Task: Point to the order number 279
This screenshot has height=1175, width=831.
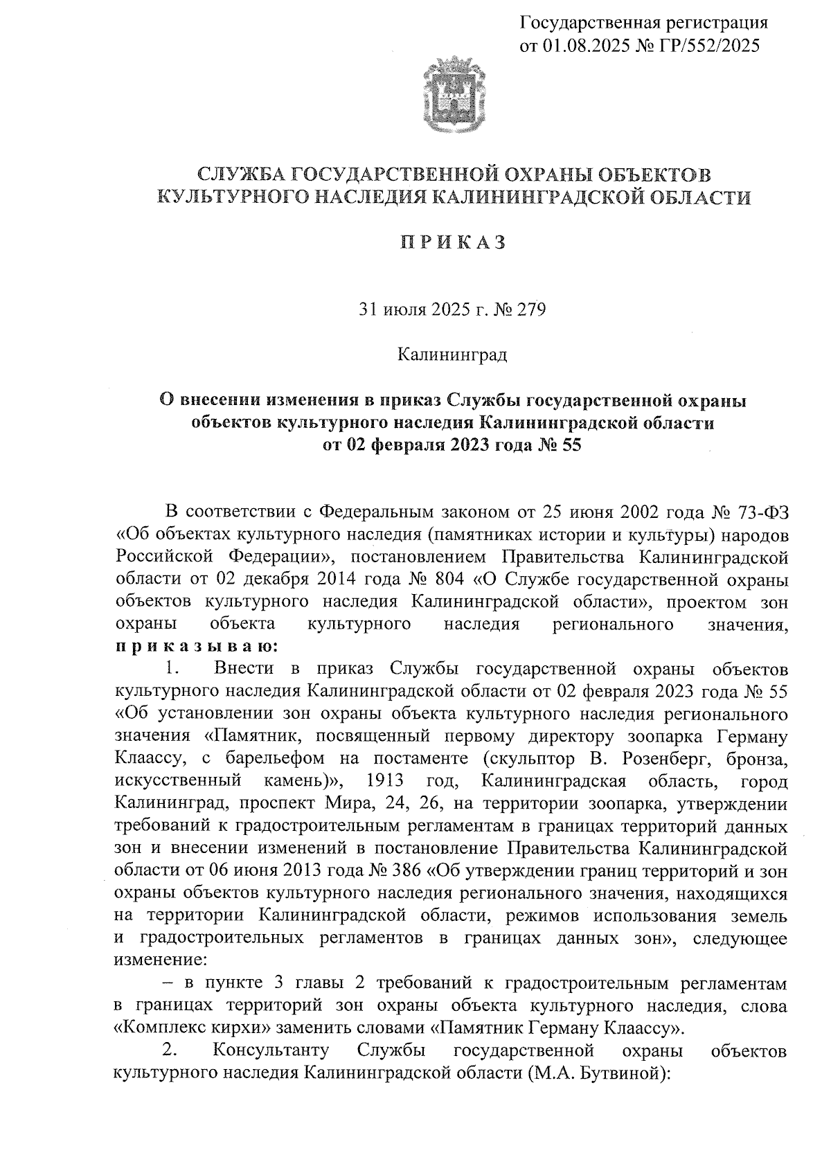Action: point(531,309)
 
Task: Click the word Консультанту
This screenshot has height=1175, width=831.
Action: point(271,1050)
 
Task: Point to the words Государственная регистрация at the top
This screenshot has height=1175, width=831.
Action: point(643,23)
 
